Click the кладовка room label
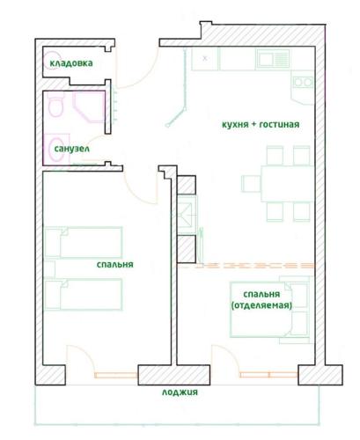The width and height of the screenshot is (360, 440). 71,63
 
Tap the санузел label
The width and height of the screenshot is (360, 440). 72,149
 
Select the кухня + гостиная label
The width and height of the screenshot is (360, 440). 261,124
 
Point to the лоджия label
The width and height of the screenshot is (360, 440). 180,392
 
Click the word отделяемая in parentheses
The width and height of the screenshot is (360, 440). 261,305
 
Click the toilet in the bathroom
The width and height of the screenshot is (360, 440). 55,106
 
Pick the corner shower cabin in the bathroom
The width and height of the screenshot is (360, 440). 89,106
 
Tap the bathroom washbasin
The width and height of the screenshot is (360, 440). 56,150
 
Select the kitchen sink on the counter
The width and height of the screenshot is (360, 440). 273,58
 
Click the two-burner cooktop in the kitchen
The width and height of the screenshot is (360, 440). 303,83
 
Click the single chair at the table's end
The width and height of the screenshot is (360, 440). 251,184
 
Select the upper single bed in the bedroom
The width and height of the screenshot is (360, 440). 83,242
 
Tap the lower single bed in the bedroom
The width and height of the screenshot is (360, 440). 83,294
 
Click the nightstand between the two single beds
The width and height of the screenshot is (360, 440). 49,268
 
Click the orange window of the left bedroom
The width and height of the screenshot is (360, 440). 116,375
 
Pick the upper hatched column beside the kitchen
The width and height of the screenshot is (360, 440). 187,185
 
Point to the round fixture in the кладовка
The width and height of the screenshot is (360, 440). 52,61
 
